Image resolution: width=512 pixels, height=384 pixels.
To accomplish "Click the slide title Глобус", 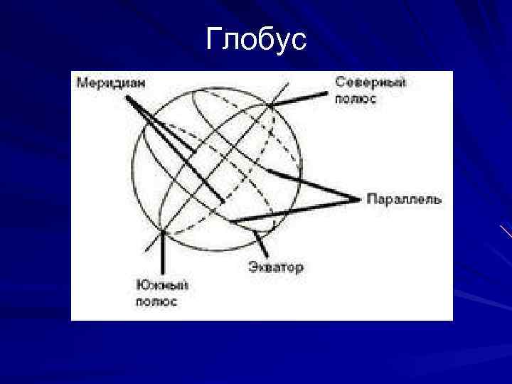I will (x=256, y=40).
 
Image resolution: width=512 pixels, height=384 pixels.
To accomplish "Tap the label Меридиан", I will (x=112, y=83).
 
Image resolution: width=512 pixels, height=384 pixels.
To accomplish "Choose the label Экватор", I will (x=276, y=267).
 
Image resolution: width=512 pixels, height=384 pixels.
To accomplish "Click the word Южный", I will (x=162, y=286).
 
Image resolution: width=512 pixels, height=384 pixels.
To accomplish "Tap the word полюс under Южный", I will (x=156, y=302).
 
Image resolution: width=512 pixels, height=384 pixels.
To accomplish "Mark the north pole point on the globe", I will (x=271, y=107).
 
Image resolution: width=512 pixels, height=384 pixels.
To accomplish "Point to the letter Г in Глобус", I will (x=213, y=41).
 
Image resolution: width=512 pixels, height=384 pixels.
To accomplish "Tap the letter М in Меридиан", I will (x=81, y=83).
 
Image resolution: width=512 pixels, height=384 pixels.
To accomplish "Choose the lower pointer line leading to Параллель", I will (x=292, y=210).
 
